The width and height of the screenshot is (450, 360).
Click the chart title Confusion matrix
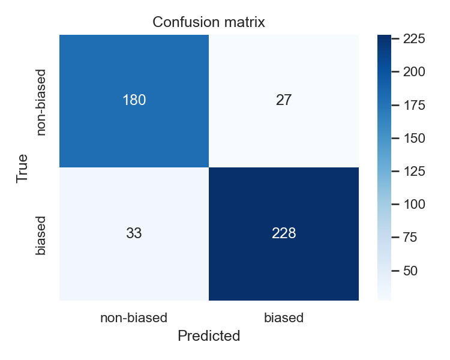pos(209,22)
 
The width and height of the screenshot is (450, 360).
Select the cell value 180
pos(134,100)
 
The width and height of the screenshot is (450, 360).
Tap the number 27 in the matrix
pos(284,100)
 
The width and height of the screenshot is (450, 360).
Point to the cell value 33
pos(134,233)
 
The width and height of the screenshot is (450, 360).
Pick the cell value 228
pos(284,233)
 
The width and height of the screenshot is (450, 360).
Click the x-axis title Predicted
pos(209,336)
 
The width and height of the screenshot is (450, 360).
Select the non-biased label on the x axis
pos(134,317)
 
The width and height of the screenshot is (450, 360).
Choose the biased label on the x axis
pos(284,317)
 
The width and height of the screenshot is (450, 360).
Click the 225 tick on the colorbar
pos(414,39)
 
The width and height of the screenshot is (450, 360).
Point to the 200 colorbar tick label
pos(414,72)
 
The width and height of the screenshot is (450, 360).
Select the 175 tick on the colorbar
pos(414,106)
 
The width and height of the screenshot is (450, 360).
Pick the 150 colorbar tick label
pos(414,139)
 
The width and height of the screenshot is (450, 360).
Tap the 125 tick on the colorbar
pos(414,172)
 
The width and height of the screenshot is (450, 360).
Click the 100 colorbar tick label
pos(414,205)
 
